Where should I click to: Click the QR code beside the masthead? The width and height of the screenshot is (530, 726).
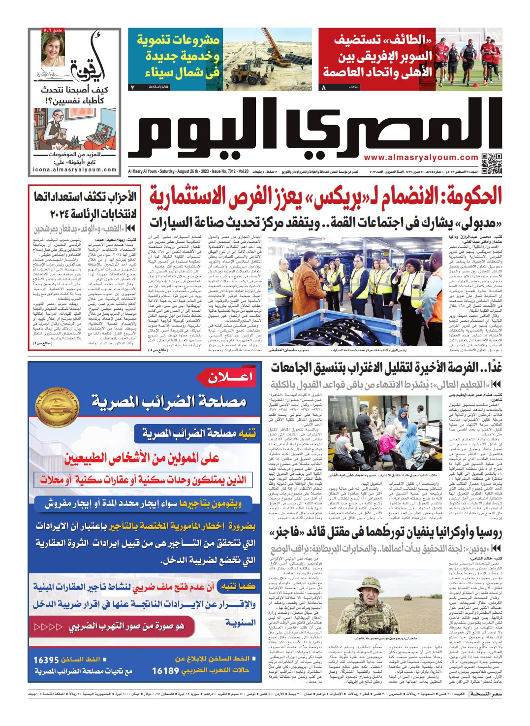pos(491,164)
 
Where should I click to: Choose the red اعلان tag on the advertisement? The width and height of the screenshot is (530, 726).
pos(230,377)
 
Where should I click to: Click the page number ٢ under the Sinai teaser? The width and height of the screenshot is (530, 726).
pos(132,87)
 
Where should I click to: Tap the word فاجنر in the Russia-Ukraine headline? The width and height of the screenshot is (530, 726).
pos(287,533)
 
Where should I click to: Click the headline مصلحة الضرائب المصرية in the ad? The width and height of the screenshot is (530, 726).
pos(169,401)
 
